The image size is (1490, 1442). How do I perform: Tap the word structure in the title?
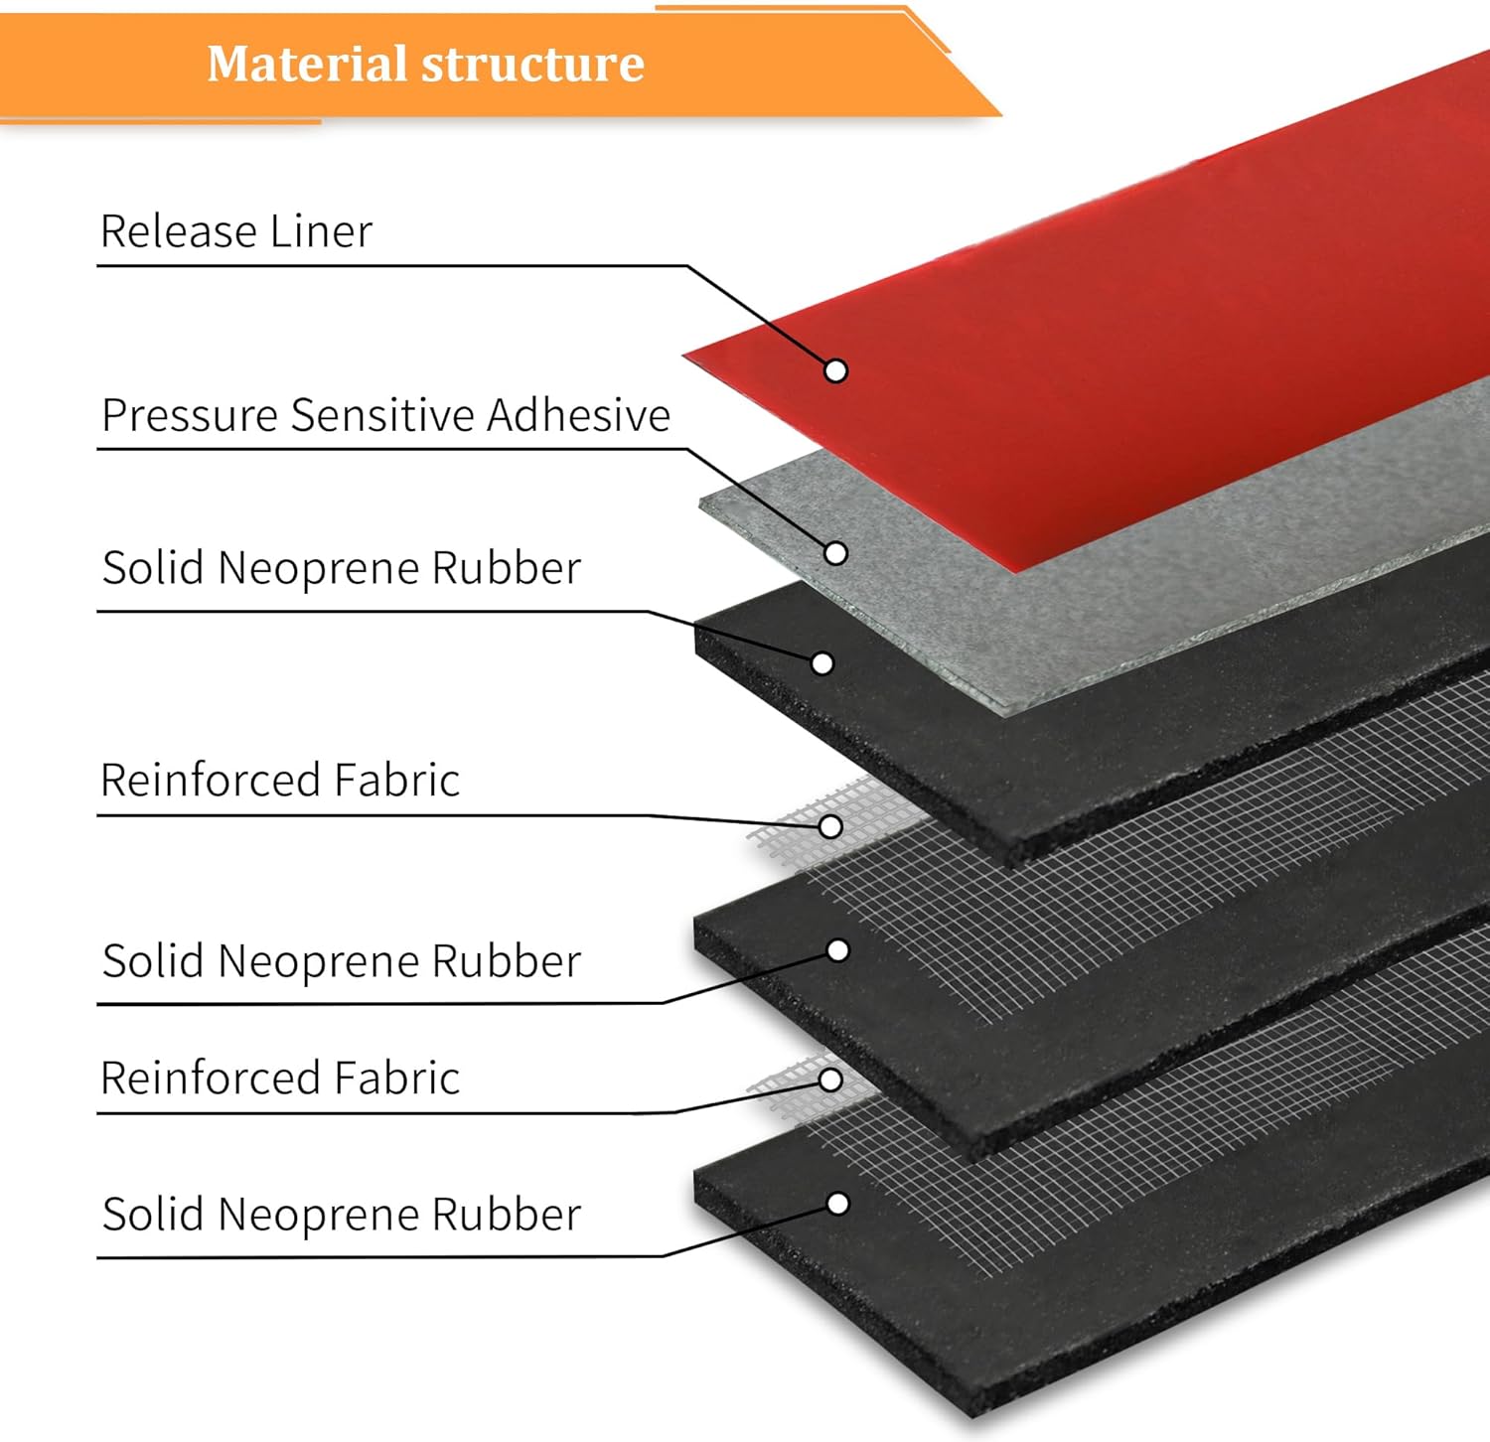point(533,65)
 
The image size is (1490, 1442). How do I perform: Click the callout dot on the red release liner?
point(836,370)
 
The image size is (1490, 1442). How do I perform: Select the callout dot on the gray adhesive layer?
point(836,553)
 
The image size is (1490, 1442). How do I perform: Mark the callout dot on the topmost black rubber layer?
point(822,663)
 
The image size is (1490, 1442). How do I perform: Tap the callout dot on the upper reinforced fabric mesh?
point(831,826)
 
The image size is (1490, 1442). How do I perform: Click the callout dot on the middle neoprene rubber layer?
point(838,950)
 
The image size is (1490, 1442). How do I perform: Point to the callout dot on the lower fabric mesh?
point(831,1080)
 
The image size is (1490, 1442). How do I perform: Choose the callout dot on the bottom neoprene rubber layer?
point(838,1204)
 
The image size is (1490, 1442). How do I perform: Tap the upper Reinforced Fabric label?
point(280,781)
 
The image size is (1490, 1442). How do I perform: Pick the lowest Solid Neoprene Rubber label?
point(342,1215)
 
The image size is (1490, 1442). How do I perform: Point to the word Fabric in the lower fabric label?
point(396,1079)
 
